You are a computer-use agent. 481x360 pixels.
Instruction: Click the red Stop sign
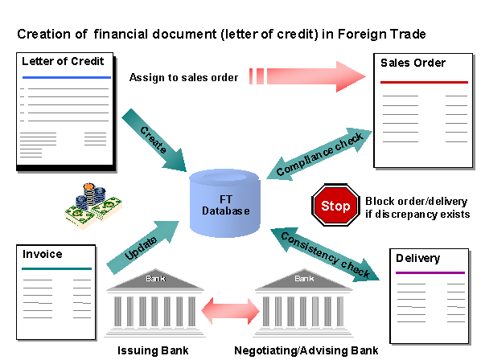tap(335, 205)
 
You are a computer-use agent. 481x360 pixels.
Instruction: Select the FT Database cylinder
tap(225, 203)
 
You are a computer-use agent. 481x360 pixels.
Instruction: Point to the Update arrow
tap(142, 247)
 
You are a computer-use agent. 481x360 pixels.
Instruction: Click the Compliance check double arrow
tap(319, 154)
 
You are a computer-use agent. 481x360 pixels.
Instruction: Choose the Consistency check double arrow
tap(325, 255)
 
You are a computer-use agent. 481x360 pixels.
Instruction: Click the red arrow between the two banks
tap(230, 311)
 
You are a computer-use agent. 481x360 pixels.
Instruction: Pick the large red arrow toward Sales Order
tap(307, 76)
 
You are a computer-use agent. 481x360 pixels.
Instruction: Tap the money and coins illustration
tap(93, 205)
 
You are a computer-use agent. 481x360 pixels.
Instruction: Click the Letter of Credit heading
tap(63, 61)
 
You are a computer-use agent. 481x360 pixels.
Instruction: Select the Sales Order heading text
tap(413, 63)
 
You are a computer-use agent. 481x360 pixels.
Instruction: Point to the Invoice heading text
tap(43, 254)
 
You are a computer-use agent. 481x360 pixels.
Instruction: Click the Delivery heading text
tap(417, 258)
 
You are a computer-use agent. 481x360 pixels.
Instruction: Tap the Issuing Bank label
tap(153, 350)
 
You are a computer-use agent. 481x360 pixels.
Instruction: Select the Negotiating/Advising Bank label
tap(306, 350)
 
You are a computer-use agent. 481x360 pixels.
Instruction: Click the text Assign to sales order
tap(183, 77)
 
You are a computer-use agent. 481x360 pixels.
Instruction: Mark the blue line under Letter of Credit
tap(67, 77)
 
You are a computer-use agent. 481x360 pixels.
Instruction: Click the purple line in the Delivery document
tap(430, 272)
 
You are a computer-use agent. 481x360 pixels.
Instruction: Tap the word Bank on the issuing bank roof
tap(155, 279)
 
